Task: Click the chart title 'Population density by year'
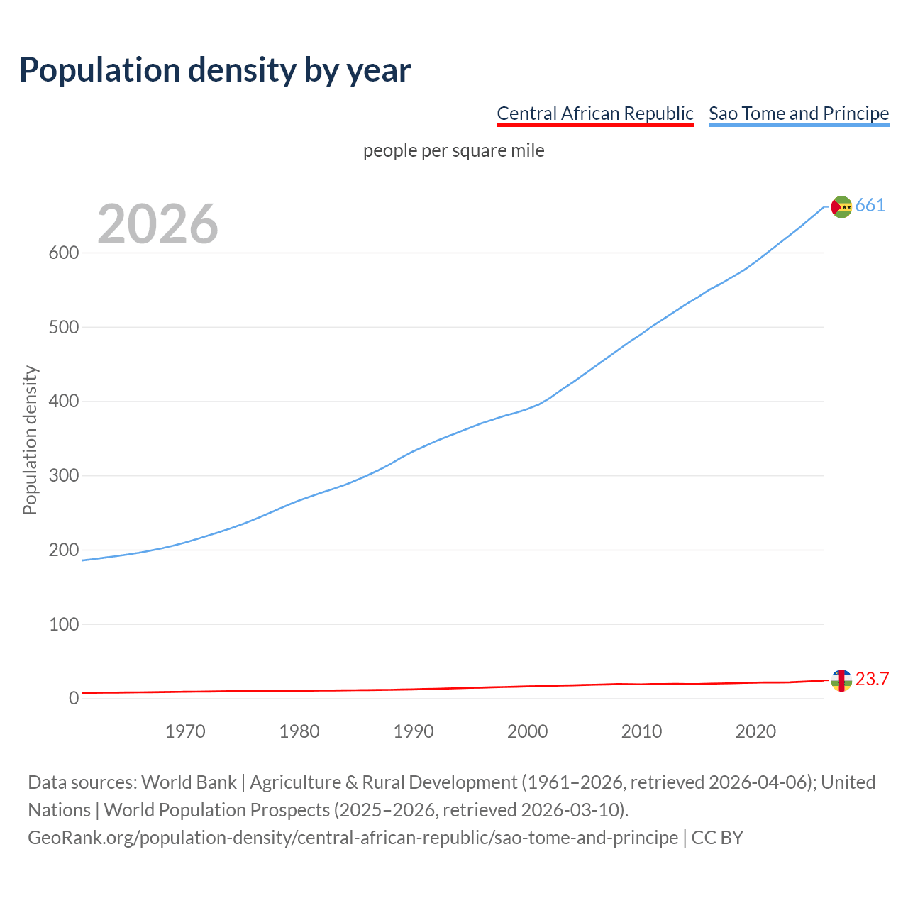pos(215,70)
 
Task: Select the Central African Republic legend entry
pos(594,113)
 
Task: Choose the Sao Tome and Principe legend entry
pos(798,113)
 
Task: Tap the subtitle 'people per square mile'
pos(453,150)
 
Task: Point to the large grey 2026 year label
pos(157,224)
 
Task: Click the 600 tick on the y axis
pos(63,253)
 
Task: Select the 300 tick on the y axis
pos(63,476)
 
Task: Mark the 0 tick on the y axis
pos(74,699)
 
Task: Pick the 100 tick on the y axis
pos(63,624)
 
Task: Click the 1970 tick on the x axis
pos(185,731)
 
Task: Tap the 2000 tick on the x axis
pos(527,731)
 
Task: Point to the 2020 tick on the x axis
pos(755,731)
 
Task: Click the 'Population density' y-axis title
pos(30,440)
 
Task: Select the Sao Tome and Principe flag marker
pos(841,206)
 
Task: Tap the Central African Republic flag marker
pos(841,680)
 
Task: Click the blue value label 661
pos(870,206)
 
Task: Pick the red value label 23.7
pos(872,680)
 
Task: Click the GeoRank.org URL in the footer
pos(353,838)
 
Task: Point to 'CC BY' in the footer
pos(717,838)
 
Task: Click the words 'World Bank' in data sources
pos(189,782)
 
